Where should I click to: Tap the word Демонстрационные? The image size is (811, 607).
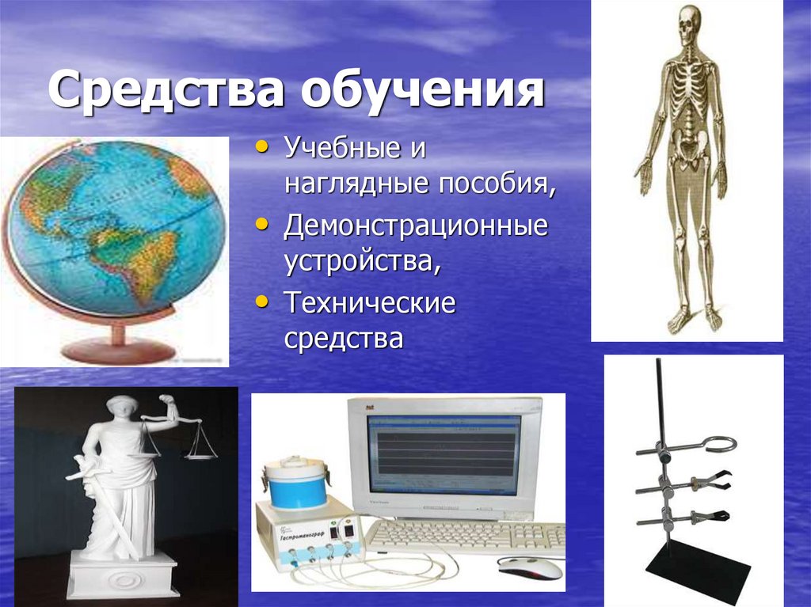point(417,226)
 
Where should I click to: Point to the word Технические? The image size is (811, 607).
point(370,303)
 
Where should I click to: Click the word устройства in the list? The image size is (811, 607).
point(362,263)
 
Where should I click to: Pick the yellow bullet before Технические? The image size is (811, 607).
point(263,301)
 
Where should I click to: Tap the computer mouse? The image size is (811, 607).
point(531,567)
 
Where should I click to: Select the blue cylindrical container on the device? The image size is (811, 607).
point(295,484)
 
